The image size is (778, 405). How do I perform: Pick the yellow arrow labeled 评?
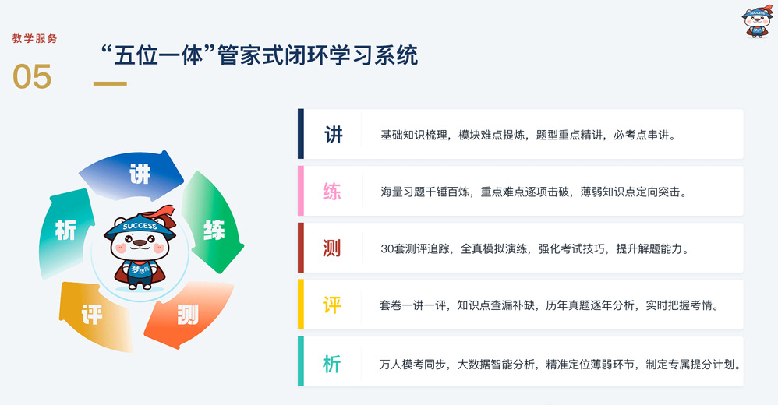94,315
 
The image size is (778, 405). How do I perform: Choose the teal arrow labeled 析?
65,232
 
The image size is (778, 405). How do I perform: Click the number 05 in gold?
32,77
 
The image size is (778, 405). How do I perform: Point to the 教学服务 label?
35,39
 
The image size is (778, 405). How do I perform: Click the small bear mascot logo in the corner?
757,21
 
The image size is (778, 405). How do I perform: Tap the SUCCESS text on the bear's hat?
140,226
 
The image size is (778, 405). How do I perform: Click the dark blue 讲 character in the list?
334,134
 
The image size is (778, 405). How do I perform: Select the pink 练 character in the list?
332,192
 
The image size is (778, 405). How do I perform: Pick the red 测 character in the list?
332,248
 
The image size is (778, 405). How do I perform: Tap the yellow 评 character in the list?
332,305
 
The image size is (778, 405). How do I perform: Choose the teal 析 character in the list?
332,364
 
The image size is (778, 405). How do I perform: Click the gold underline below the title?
110,83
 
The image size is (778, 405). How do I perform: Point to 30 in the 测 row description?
387,249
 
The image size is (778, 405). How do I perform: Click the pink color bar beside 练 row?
301,191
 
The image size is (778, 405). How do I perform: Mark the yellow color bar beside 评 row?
301,305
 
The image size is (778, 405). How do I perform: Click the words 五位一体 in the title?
158,55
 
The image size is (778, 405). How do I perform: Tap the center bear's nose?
140,243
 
